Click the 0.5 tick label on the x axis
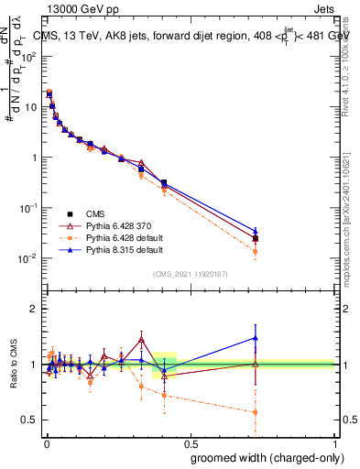[190, 442]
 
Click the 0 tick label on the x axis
[46, 442]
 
